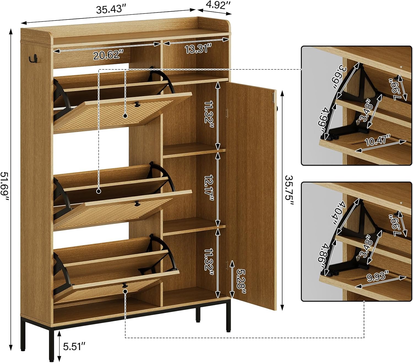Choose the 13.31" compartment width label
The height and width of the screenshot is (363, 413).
click(198, 49)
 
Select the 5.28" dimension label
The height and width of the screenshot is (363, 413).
click(241, 281)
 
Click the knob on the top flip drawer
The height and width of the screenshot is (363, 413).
click(136, 104)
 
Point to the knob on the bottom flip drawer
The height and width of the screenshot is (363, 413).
click(124, 285)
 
